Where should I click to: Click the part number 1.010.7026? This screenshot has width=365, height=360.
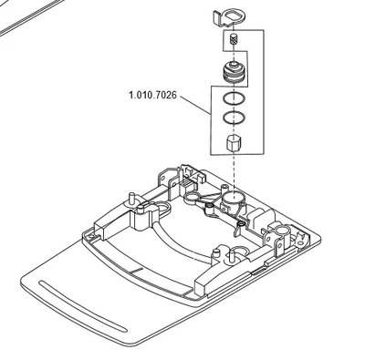(152, 96)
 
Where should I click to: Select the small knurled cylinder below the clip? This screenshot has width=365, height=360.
(234, 39)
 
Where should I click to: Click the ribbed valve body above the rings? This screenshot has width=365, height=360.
(234, 73)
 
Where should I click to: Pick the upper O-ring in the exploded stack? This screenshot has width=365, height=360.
(234, 98)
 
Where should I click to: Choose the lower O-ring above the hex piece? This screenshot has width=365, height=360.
(234, 118)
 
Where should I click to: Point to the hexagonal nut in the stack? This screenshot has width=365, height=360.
(234, 143)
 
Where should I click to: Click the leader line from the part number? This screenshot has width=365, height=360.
(195, 105)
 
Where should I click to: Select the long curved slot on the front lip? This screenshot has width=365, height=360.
(83, 306)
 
